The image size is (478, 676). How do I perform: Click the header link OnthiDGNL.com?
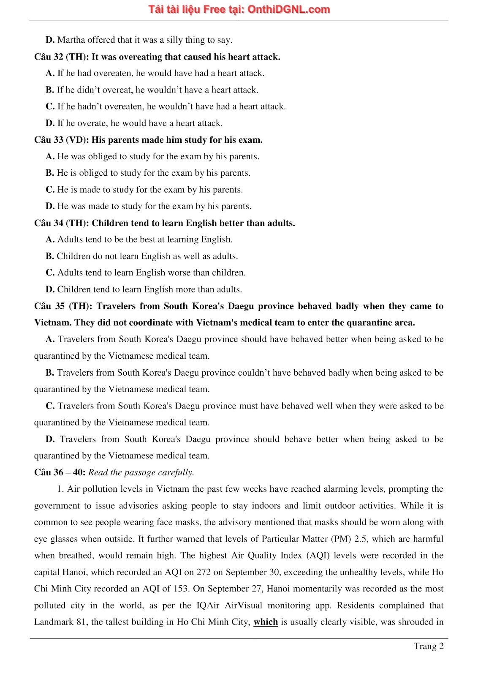[x=288, y=9]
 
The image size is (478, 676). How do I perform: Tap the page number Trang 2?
[x=428, y=646]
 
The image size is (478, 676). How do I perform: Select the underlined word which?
[x=266, y=622]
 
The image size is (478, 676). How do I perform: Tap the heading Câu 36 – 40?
[x=60, y=472]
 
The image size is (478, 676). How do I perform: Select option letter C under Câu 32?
[x=50, y=106]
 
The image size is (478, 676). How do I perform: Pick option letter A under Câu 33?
[x=50, y=156]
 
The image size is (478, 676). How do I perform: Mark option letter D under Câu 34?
[x=50, y=289]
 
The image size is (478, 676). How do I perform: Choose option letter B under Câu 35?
[x=50, y=373]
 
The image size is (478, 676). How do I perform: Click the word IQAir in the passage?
[x=208, y=605]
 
